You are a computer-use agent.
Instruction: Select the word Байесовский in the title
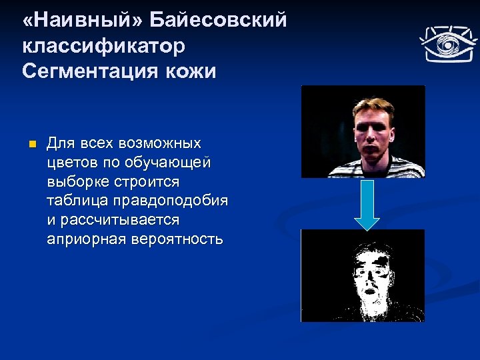[x=218, y=21]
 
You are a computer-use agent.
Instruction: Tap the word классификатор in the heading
[x=103, y=46]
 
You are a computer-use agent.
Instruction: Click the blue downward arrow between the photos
[x=366, y=204]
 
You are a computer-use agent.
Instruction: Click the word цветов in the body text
[x=70, y=162]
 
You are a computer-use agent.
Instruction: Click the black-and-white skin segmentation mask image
[x=363, y=275]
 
